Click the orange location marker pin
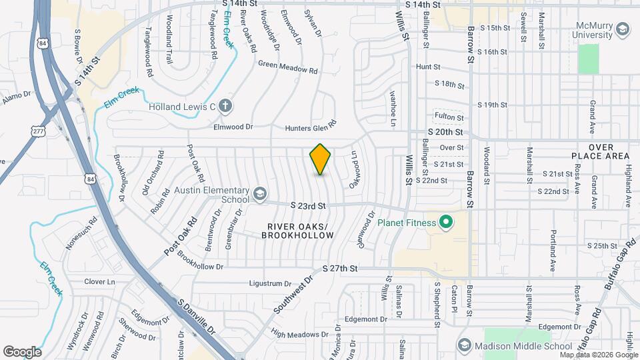click(x=320, y=159)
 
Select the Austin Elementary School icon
click(x=259, y=194)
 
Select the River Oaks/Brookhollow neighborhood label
click(x=297, y=231)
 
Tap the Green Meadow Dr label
click(x=287, y=67)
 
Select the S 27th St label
click(x=340, y=268)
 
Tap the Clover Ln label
click(x=99, y=281)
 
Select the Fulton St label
click(x=449, y=118)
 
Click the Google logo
click(x=22, y=351)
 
